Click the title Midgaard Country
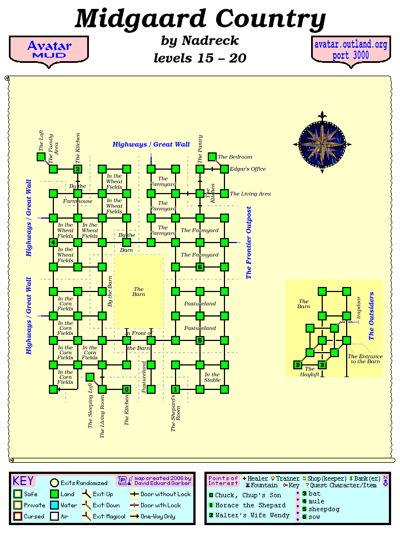200,19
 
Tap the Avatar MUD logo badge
49,50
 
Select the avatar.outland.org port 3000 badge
351,50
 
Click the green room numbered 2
78,169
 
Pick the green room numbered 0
127,389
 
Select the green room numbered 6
200,267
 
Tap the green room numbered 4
53,243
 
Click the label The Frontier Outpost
249,243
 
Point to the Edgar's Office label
248,169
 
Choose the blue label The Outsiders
372,316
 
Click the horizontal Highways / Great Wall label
151,145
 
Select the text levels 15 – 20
200,58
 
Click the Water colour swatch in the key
54,506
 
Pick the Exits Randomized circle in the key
54,483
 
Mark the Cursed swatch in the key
18,516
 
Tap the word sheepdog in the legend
324,509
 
